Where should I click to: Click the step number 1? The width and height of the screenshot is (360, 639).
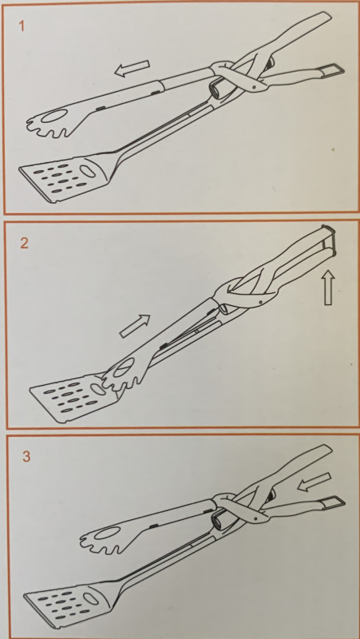pyautogui.click(x=22, y=26)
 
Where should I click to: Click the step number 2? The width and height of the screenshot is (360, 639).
pyautogui.click(x=25, y=244)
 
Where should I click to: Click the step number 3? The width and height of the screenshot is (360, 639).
pyautogui.click(x=26, y=456)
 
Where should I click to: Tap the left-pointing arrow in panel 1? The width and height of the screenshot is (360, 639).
pyautogui.click(x=133, y=69)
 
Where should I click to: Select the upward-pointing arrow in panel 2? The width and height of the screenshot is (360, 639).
pyautogui.click(x=329, y=288)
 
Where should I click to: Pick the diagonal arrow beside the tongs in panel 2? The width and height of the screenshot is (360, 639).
pyautogui.click(x=135, y=326)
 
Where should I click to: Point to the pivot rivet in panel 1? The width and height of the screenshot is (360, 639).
pyautogui.click(x=254, y=87)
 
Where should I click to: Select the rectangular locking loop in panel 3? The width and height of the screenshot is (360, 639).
pyautogui.click(x=333, y=502)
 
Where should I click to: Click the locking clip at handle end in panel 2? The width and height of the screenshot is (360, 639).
pyautogui.click(x=329, y=240)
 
